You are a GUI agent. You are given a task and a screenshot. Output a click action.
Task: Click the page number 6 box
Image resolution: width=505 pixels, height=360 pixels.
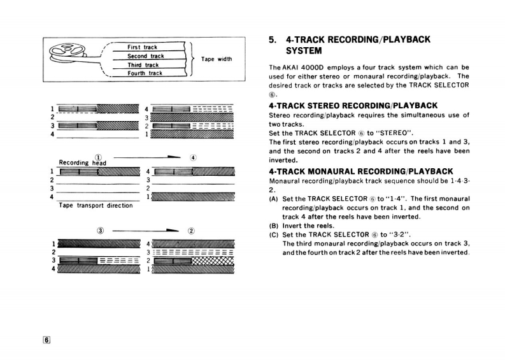pos(46,340)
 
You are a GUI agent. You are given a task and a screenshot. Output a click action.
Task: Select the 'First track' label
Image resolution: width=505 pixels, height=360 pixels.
pos(142,47)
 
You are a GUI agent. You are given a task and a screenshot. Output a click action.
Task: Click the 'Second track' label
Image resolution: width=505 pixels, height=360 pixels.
pos(145,56)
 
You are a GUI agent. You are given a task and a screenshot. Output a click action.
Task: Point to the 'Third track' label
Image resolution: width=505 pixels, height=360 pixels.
pos(143,65)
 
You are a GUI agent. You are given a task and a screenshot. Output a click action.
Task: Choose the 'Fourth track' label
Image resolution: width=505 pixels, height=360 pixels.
pos(145,73)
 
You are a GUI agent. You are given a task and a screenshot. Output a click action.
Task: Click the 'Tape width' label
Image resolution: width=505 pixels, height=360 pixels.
pos(217,59)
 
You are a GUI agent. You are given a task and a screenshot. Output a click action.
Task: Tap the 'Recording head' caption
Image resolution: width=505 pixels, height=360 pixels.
pos(82,162)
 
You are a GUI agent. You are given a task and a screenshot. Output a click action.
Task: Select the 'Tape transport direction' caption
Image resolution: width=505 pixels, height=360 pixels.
pos(96,206)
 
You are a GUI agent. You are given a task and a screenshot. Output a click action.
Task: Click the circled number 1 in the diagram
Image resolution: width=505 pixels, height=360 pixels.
pos(98,157)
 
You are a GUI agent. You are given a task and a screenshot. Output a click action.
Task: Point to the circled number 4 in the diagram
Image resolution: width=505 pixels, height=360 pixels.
pos(193,157)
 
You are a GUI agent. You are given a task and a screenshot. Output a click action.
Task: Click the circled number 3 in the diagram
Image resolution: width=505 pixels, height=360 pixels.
pos(99,230)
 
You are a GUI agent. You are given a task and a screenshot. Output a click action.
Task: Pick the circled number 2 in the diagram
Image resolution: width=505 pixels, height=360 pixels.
pos(192,230)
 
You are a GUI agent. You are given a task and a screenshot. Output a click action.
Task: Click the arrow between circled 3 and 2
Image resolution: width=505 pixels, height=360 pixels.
pos(146,231)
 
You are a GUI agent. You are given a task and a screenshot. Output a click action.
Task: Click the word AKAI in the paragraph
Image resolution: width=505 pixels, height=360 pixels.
pos(294,67)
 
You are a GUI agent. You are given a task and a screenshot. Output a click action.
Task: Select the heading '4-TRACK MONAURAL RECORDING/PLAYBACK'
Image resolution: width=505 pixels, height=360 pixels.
pos(361,171)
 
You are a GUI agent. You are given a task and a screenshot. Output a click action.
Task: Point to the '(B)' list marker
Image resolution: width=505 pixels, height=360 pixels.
pos(274,226)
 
